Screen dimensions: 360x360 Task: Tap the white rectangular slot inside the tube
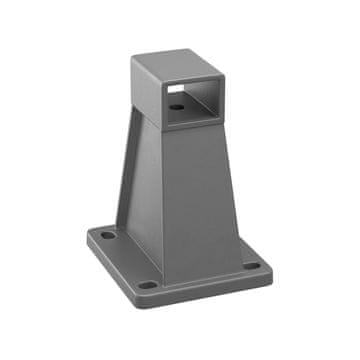178,89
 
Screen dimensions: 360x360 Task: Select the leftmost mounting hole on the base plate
105,237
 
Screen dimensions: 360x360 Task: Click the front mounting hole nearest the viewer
148,284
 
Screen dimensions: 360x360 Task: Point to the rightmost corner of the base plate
272,268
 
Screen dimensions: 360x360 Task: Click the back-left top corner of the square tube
133,58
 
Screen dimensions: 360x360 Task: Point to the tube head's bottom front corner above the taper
163,131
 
